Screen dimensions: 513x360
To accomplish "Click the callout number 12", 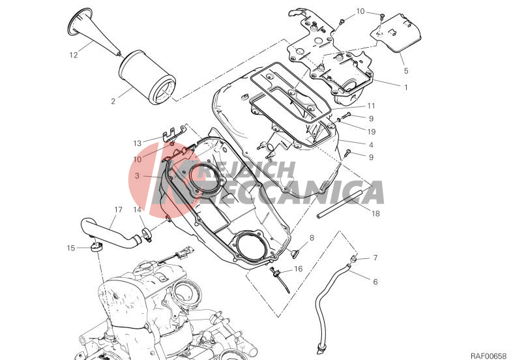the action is [74, 55].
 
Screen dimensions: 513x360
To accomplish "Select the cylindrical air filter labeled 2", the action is [147, 77].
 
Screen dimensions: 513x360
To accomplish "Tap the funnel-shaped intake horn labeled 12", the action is [93, 33].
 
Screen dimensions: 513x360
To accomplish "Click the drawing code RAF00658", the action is [488, 355].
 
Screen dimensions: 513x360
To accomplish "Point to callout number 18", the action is [375, 214].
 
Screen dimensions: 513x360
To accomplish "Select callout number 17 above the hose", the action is [118, 209].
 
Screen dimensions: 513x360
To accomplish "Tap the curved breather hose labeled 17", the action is [110, 233].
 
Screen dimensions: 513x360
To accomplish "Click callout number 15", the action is [71, 248].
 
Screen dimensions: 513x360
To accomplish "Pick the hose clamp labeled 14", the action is [147, 235].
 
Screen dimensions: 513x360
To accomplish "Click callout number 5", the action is [406, 70].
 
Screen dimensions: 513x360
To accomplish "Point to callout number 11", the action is [371, 106].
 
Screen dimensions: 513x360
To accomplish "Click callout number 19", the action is [371, 132].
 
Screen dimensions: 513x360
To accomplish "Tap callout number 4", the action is [371, 145].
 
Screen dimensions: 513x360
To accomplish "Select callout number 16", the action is [299, 269].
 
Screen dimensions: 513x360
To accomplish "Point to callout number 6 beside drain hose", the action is [375, 282].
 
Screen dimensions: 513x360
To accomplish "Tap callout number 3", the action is [137, 175].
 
